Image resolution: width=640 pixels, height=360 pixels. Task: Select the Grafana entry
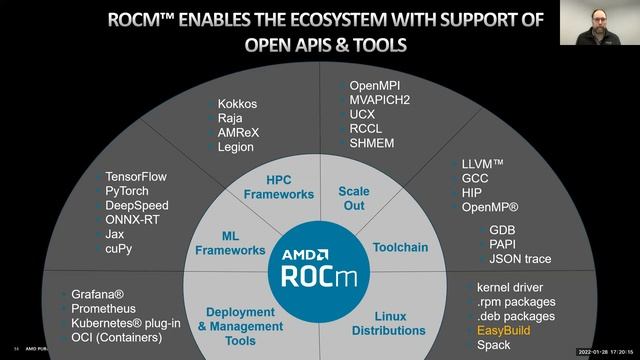(x=97, y=295)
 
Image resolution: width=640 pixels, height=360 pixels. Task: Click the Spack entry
(x=493, y=345)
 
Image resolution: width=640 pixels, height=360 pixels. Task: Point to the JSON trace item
(x=520, y=259)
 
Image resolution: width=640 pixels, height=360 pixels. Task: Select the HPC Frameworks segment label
(x=277, y=187)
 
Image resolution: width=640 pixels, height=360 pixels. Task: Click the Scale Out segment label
(x=353, y=197)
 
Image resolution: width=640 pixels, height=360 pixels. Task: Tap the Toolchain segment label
(x=400, y=246)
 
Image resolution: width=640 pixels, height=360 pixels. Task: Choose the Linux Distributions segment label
(x=389, y=323)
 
